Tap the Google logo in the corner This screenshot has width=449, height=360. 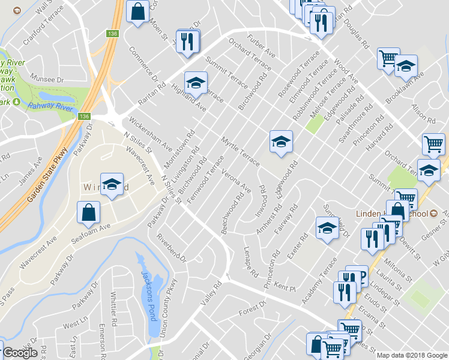[x=20, y=353]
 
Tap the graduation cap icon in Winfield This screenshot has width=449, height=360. [x=111, y=185]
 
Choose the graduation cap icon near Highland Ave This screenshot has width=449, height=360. [x=196, y=83]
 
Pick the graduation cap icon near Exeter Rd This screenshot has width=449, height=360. [x=326, y=228]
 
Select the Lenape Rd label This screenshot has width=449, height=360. [x=251, y=262]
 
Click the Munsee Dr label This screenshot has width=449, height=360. [x=48, y=79]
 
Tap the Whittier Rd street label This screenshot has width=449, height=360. [x=114, y=308]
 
